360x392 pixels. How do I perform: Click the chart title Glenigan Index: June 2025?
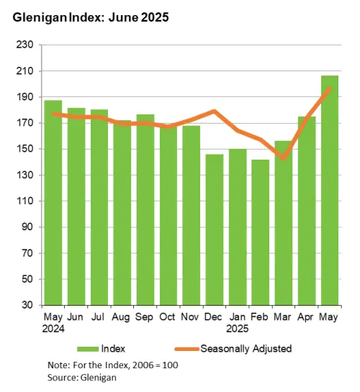click(90, 18)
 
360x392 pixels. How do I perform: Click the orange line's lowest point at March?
click(284, 158)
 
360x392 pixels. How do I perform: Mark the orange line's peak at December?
click(215, 111)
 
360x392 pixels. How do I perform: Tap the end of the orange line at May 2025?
click(330, 88)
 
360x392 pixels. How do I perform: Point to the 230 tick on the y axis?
click(25, 45)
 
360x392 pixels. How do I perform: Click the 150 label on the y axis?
click(25, 150)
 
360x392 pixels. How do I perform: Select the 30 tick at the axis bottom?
click(28, 306)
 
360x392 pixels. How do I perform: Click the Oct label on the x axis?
click(168, 316)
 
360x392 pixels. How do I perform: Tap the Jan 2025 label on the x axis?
click(238, 322)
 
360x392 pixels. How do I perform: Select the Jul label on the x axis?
click(99, 316)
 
